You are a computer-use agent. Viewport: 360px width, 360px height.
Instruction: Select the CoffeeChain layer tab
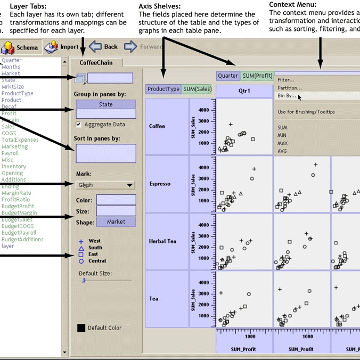click(x=96, y=62)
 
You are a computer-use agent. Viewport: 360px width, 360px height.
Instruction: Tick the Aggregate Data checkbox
click(x=79, y=124)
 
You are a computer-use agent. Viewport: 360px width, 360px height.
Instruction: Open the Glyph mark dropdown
click(x=105, y=185)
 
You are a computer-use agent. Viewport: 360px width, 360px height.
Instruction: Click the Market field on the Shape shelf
click(x=116, y=222)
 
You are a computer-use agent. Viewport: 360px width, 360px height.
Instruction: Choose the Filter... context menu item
click(x=286, y=80)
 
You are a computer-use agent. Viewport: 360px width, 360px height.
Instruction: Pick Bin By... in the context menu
click(x=287, y=96)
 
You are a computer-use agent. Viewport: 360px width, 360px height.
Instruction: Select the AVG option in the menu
click(x=283, y=151)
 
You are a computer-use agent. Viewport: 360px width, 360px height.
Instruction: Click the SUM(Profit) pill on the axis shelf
click(x=257, y=76)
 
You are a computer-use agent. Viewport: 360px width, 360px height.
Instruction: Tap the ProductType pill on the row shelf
click(x=163, y=89)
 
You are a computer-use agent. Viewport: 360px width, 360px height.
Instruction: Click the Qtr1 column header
click(x=244, y=90)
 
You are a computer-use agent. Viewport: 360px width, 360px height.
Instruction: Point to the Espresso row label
click(x=160, y=184)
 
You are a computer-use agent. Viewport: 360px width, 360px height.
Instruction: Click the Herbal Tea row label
click(x=162, y=241)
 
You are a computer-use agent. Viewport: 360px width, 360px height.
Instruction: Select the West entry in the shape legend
click(x=94, y=241)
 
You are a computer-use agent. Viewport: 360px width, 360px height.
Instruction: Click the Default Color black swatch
click(x=81, y=328)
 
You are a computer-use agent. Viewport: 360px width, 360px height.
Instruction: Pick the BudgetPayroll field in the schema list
click(x=19, y=233)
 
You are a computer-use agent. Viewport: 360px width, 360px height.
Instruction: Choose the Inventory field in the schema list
click(x=14, y=166)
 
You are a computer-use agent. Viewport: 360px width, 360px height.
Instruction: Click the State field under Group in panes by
click(x=105, y=104)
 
